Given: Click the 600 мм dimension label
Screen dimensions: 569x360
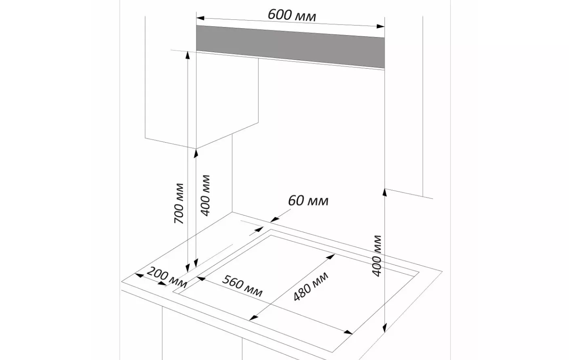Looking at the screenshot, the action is click(x=292, y=15).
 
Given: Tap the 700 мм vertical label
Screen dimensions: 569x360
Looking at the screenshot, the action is click(x=179, y=203).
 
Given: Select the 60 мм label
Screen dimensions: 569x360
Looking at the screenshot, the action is click(x=308, y=200).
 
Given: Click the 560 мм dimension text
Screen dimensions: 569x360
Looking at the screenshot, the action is click(x=242, y=286).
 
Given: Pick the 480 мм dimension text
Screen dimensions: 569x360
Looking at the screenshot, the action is click(x=311, y=286).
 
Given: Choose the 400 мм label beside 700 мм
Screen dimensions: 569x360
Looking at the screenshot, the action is click(x=206, y=196).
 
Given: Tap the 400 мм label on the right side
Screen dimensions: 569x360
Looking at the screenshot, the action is click(x=377, y=256).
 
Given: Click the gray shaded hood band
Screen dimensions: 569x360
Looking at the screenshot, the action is click(x=290, y=47).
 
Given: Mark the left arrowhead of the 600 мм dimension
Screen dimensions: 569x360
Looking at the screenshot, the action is click(x=200, y=18).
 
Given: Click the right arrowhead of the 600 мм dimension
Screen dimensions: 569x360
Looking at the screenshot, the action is click(x=381, y=26).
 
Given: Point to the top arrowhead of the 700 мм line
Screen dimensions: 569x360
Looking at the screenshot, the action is click(x=188, y=55).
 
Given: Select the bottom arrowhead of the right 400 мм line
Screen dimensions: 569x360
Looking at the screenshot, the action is click(x=385, y=328).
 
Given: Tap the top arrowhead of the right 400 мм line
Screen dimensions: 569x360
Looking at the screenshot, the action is click(x=385, y=192).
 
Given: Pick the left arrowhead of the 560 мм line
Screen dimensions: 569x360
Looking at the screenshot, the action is click(x=201, y=278).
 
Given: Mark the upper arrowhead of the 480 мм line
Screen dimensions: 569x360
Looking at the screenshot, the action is click(x=331, y=257).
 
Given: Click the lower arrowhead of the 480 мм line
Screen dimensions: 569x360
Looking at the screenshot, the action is click(x=253, y=318).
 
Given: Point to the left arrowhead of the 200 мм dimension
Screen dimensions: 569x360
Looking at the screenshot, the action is click(x=139, y=275).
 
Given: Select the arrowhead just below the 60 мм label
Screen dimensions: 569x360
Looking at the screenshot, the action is click(x=274, y=219).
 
